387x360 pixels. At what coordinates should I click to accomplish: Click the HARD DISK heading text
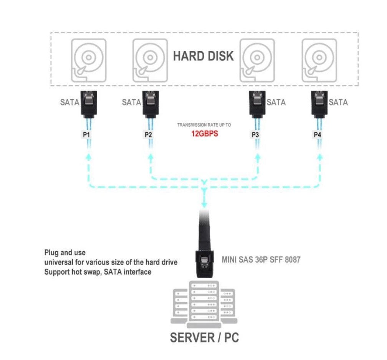(x=203, y=56)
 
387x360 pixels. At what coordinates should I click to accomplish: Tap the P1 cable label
(x=87, y=135)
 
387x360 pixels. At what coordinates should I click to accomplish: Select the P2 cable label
(x=148, y=135)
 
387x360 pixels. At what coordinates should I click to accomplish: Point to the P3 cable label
(x=255, y=135)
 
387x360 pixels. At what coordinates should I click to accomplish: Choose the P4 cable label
(x=317, y=135)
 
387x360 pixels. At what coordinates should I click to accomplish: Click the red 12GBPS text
(x=205, y=134)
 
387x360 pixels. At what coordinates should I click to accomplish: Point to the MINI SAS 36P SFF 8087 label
(x=261, y=260)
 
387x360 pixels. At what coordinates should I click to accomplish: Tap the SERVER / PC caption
(x=204, y=338)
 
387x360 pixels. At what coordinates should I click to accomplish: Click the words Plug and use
(x=65, y=253)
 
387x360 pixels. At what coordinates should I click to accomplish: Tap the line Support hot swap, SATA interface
(x=98, y=272)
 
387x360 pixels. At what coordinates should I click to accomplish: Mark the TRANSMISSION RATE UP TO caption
(x=204, y=125)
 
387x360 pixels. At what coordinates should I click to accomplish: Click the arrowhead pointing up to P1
(x=89, y=157)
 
